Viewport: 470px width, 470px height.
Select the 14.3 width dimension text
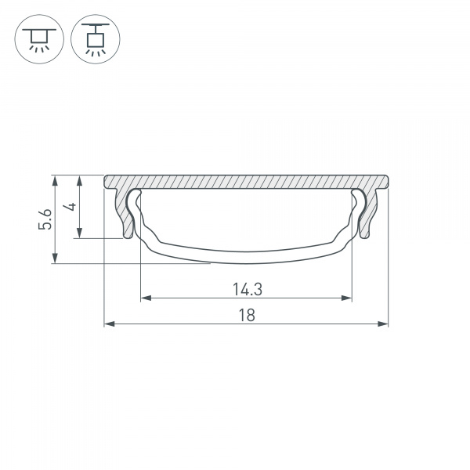tap(247, 289)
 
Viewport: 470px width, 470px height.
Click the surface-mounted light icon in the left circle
tap(38, 38)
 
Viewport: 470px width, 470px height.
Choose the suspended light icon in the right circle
tap(95, 38)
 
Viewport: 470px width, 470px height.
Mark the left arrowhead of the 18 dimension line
tap(108, 323)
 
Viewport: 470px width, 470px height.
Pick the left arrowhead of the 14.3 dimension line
tap(144, 298)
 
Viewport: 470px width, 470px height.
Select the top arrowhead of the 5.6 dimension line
tap(54, 179)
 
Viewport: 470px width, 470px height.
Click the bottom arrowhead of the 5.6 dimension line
tap(54, 260)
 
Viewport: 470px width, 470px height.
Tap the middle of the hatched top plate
tap(247, 181)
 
